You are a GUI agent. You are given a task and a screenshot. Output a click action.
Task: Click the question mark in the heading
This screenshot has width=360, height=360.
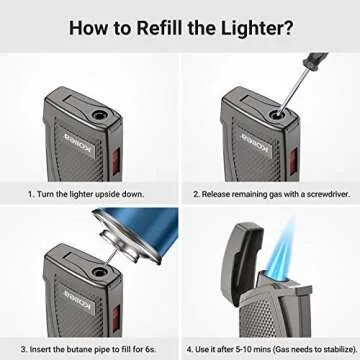coord(289,27)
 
